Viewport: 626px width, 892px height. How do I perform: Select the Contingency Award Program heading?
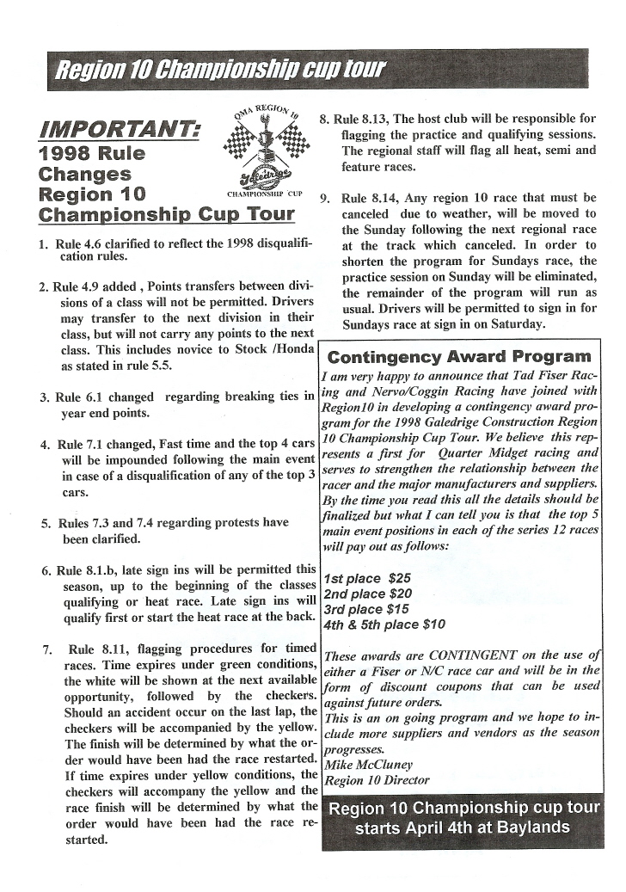click(460, 356)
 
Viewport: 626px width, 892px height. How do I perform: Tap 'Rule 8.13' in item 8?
click(362, 120)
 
